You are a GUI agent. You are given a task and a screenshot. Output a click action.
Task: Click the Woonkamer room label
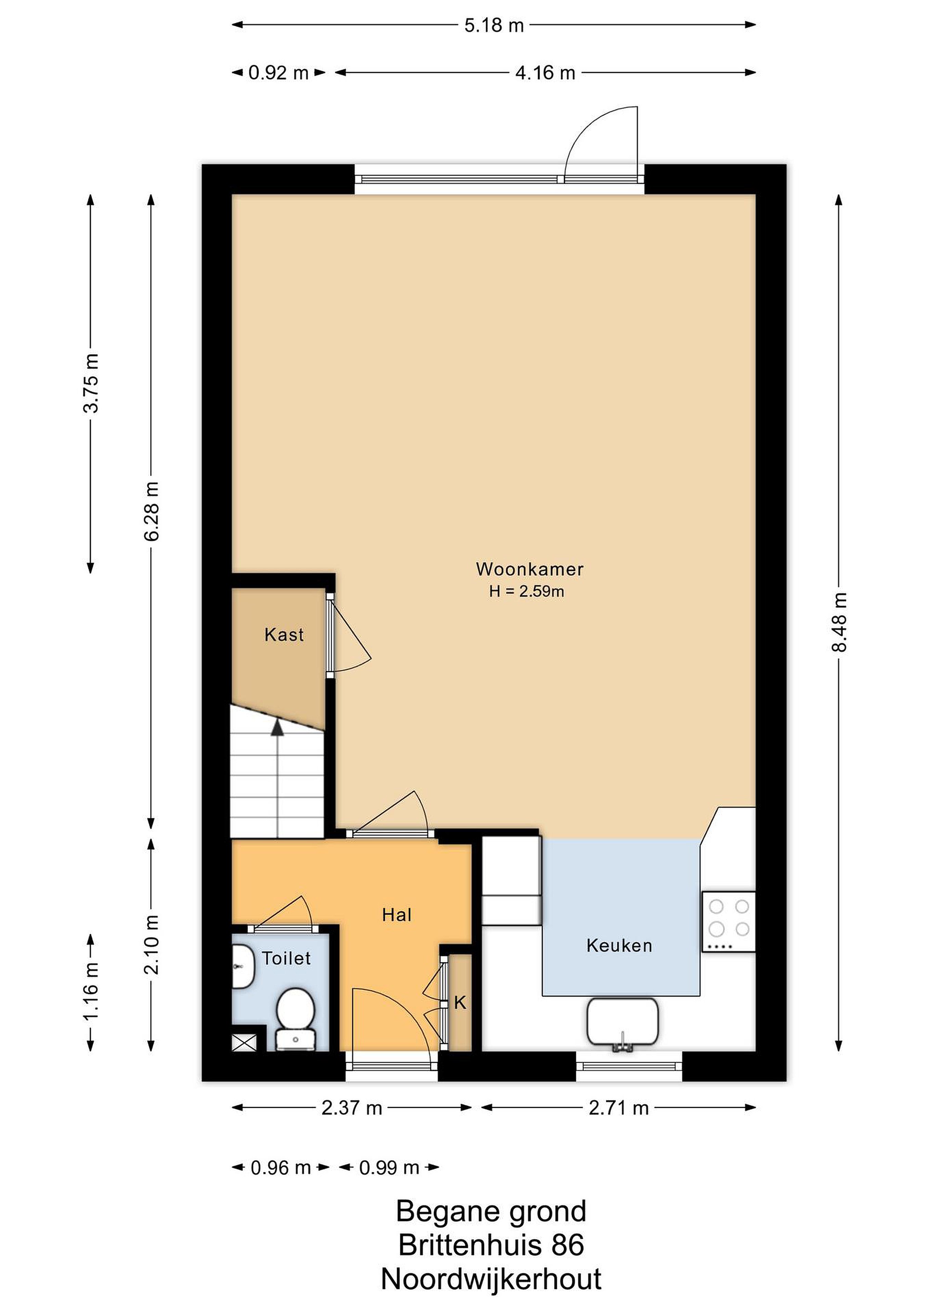click(x=529, y=569)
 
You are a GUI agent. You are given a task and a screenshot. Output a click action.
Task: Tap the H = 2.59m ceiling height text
click(x=526, y=591)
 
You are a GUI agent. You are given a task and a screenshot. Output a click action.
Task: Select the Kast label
click(x=284, y=634)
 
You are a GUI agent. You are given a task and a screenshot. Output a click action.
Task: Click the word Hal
click(x=396, y=915)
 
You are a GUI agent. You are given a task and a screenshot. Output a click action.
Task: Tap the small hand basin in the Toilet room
click(x=243, y=967)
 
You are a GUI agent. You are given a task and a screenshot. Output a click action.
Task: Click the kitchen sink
click(x=623, y=1023)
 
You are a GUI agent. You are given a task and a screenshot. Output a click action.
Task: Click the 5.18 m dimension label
click(x=493, y=25)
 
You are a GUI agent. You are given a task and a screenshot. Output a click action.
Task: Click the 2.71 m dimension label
click(x=618, y=1108)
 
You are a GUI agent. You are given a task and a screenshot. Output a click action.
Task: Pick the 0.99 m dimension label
click(x=389, y=1167)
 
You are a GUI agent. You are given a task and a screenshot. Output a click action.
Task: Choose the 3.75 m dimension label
click(x=91, y=383)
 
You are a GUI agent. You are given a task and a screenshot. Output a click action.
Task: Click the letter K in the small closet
click(x=460, y=1003)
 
